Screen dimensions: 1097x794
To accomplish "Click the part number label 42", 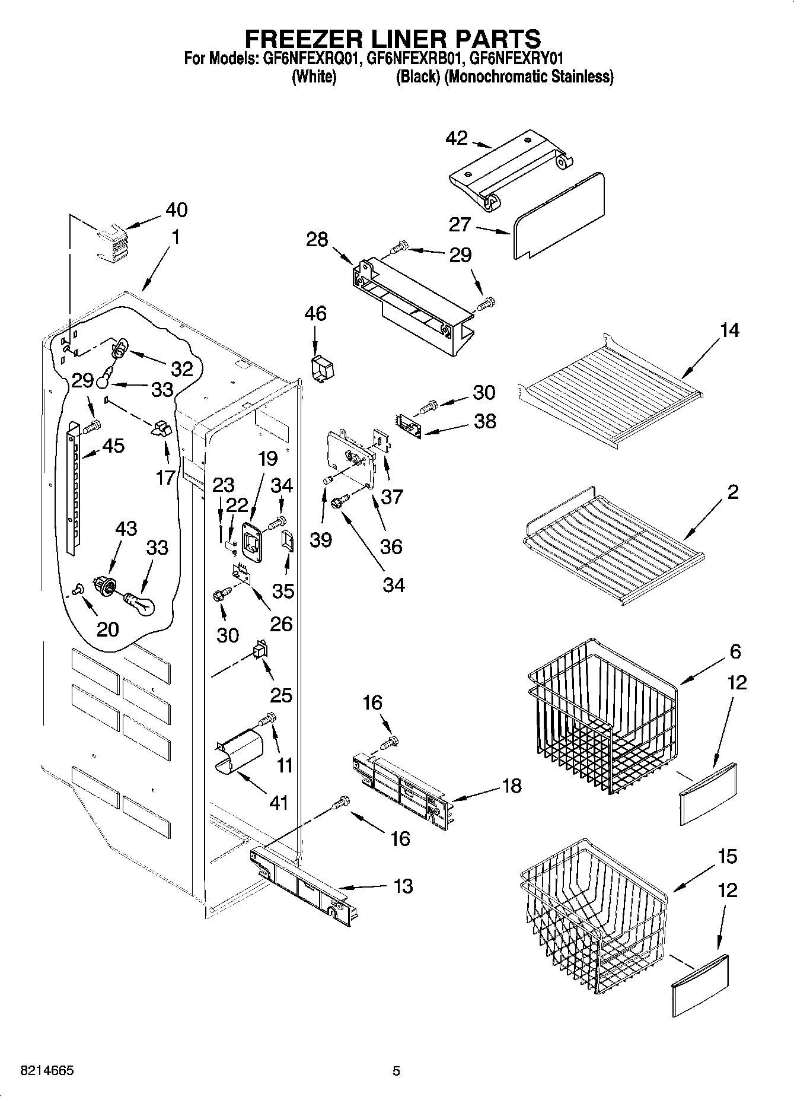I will (x=457, y=138).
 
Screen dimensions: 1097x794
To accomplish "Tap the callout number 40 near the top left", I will (x=176, y=209).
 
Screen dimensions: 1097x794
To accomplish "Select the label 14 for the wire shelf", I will (x=729, y=330).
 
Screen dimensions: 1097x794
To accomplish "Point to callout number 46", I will (x=315, y=313).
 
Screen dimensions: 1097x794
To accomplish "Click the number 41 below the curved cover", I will (x=279, y=803).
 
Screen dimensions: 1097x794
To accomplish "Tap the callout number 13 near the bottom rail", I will (x=403, y=886).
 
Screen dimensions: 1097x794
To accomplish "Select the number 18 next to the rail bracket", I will (x=511, y=786).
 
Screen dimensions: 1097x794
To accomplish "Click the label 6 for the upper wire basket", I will (x=735, y=651).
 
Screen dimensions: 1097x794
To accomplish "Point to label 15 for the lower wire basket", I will (x=727, y=856).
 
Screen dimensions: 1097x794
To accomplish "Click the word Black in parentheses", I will (x=418, y=77).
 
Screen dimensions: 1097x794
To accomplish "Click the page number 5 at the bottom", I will (x=396, y=1071).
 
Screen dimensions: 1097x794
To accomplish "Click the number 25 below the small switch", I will (x=281, y=695).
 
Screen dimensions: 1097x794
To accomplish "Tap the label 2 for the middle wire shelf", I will (x=733, y=492).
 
